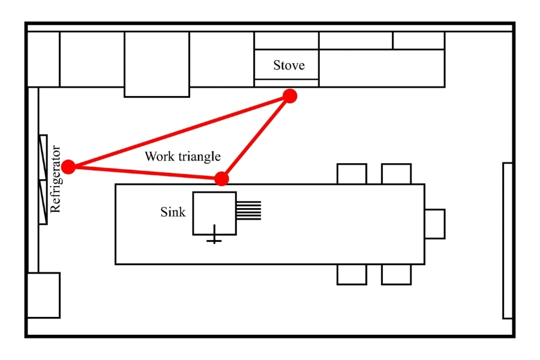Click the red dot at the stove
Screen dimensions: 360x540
(290, 96)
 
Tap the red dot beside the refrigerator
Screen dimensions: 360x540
(68, 166)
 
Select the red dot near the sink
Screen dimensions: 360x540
(222, 178)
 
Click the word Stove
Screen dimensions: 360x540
(289, 65)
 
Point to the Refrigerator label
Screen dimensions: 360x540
(56, 179)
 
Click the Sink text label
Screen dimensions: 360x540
(173, 212)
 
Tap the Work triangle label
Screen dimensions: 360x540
(182, 157)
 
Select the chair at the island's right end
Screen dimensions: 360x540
(434, 224)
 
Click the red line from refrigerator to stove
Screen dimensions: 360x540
(180, 131)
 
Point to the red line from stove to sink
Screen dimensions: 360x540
(257, 136)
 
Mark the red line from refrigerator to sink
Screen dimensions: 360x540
(144, 172)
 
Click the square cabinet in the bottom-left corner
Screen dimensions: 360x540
(44, 295)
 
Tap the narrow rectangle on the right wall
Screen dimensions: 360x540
(508, 240)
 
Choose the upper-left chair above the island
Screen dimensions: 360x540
(352, 174)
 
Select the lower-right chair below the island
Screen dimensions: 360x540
(396, 274)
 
